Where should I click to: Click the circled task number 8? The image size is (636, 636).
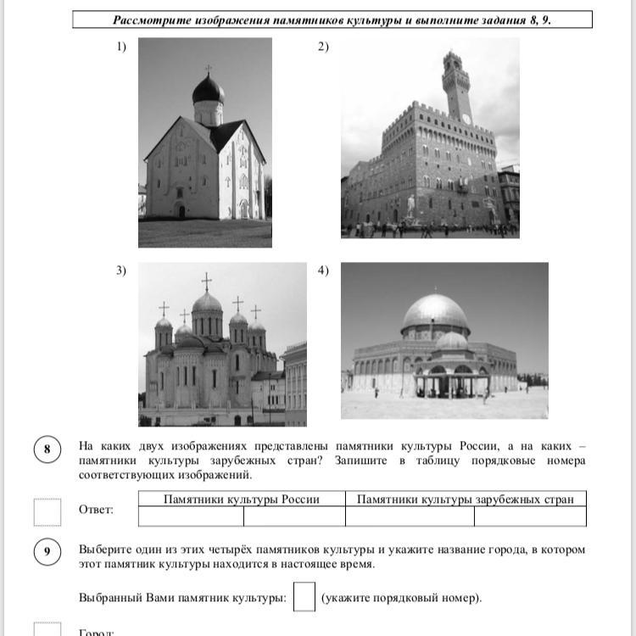point(47,449)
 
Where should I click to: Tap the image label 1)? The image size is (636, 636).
point(121,47)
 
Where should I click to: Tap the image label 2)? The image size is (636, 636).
point(323,47)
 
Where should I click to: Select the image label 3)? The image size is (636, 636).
point(121,271)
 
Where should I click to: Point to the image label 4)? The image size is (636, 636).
point(323,271)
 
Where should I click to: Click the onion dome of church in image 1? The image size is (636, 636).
point(208,88)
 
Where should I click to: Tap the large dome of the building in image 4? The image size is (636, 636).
point(435,313)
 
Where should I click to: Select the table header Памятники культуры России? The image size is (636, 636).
point(242,499)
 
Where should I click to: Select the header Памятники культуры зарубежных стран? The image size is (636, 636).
point(466,499)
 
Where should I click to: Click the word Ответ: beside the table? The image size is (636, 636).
point(96,510)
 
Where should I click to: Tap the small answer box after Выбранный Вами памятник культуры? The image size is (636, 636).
point(304,596)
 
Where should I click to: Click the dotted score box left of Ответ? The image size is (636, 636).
point(47,511)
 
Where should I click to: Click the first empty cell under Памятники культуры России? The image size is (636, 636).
point(191,516)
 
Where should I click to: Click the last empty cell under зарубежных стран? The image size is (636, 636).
point(530,516)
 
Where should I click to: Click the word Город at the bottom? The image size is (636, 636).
point(94,632)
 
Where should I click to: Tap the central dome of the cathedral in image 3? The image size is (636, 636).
point(207,303)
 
